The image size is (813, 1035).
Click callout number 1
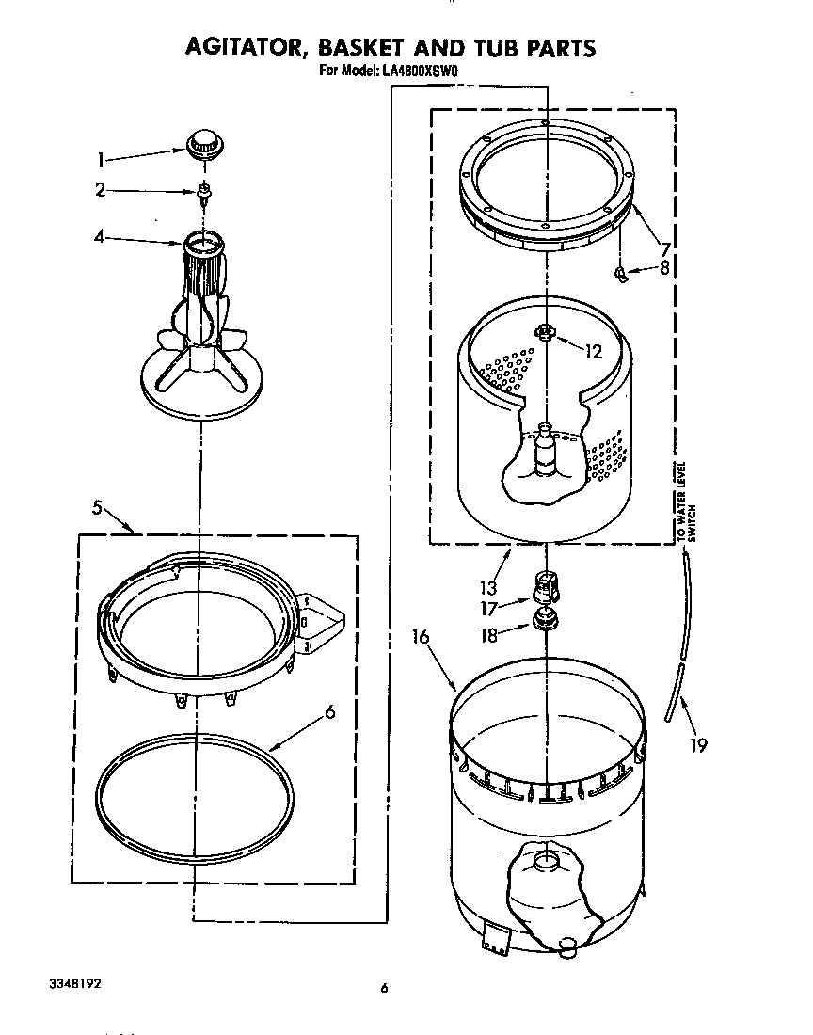102,159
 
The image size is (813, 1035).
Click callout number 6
328,712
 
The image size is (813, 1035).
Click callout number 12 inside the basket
593,353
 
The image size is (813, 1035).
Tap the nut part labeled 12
544,331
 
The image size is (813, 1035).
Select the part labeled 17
545,588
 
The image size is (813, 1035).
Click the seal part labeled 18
544,621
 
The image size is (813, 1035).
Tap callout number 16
420,637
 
